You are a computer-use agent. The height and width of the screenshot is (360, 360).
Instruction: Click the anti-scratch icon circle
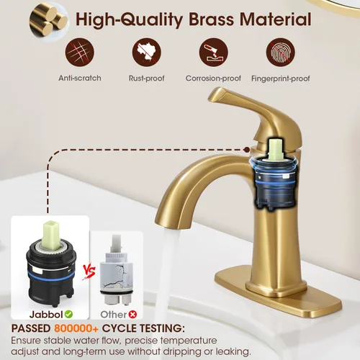(x=80, y=52)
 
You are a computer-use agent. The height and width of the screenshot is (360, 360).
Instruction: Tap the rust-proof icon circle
(x=147, y=52)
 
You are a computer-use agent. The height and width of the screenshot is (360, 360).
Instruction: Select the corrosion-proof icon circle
(x=213, y=52)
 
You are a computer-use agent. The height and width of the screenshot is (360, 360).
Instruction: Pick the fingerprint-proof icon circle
(x=281, y=52)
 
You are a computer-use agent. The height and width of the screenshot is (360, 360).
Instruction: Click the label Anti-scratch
(x=80, y=78)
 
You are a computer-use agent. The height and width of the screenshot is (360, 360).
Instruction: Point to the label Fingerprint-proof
(x=281, y=78)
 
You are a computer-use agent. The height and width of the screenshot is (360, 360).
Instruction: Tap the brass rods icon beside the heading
(x=48, y=22)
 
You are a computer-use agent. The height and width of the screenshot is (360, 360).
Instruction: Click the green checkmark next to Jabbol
(x=68, y=314)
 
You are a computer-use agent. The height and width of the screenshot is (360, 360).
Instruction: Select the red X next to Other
(x=132, y=314)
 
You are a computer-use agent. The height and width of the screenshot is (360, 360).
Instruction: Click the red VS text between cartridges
(x=89, y=273)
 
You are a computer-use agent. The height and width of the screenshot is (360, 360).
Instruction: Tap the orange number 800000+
(x=76, y=328)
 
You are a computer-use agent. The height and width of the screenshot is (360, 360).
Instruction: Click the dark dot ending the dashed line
(x=246, y=150)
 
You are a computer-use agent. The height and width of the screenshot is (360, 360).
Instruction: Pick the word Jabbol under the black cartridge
(x=46, y=314)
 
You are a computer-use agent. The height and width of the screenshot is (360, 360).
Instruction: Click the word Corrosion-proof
(x=213, y=78)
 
